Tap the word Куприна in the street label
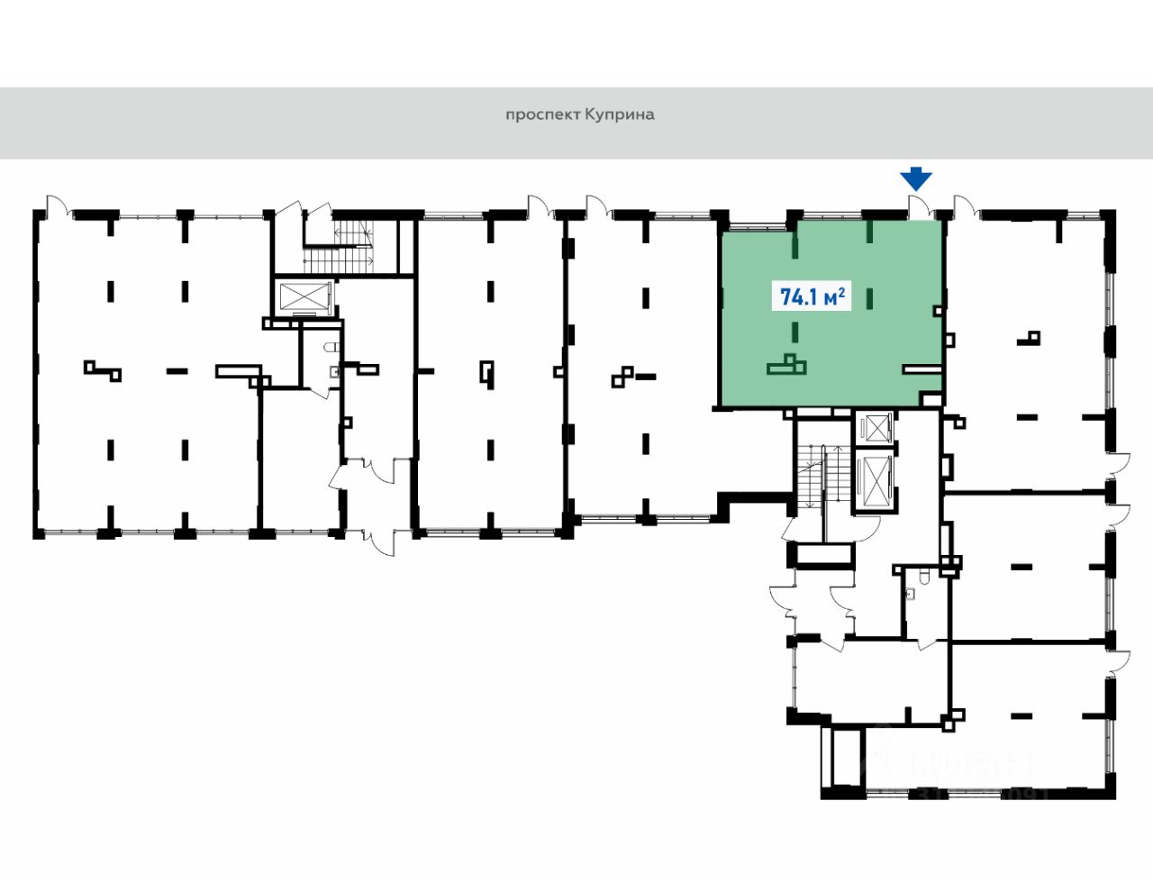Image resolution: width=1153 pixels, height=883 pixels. tap(620, 115)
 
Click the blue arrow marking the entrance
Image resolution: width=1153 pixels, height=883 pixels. tap(916, 178)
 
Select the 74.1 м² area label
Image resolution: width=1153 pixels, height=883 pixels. tap(812, 296)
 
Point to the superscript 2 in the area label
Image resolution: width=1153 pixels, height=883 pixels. tap(841, 290)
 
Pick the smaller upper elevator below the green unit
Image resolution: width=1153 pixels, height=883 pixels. tap(875, 427)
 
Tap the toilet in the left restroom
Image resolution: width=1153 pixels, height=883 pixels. tap(330, 348)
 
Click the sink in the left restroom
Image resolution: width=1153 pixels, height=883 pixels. tap(334, 369)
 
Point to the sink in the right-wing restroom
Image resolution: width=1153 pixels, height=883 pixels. tap(911, 594)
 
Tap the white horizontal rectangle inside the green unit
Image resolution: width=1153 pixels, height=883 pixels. tap(921, 368)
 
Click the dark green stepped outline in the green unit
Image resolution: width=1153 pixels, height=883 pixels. tap(787, 365)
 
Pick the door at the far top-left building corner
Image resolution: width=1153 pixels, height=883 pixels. tap(57, 206)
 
